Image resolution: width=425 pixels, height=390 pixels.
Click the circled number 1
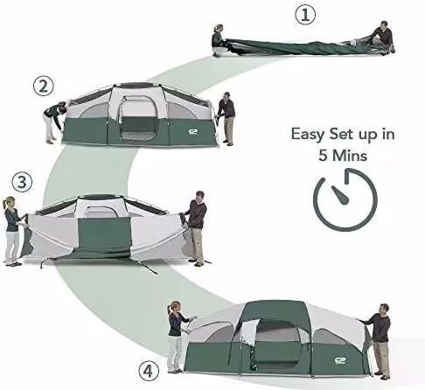(x=305, y=15)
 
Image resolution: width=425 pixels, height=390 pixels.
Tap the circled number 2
(x=44, y=87)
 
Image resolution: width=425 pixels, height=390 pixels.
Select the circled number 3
(x=22, y=182)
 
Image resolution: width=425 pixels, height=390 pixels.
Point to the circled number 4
(x=149, y=372)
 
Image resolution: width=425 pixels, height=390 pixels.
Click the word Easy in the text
(x=308, y=135)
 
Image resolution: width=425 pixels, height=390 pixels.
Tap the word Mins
(x=350, y=155)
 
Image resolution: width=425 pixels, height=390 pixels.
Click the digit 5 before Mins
(x=323, y=155)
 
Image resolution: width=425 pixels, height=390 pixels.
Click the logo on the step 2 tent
(x=193, y=132)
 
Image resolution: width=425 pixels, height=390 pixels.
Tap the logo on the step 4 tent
(x=340, y=360)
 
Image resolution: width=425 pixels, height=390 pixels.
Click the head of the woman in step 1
(x=219, y=29)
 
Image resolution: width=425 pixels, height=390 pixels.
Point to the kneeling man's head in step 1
(x=384, y=24)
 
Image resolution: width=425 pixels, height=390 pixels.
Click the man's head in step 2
(x=226, y=96)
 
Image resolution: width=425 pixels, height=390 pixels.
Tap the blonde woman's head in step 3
(x=10, y=202)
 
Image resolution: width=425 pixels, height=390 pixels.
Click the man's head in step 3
(x=199, y=196)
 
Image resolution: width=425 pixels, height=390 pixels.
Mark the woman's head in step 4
(x=174, y=307)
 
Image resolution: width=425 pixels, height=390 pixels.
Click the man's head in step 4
(x=384, y=309)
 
